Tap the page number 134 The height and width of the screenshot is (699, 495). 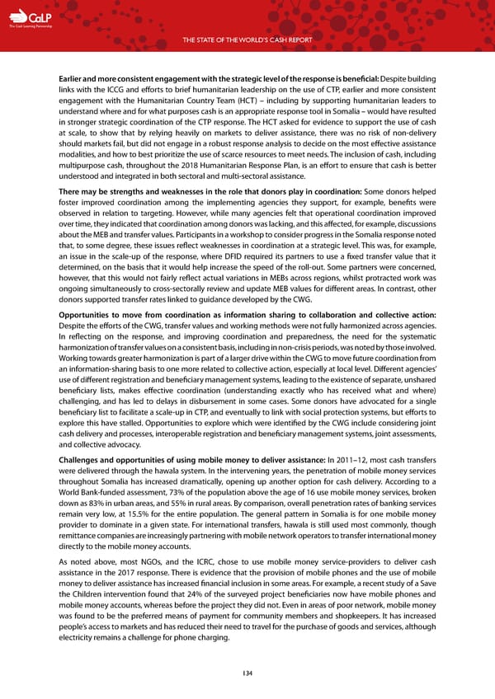point(247,673)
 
